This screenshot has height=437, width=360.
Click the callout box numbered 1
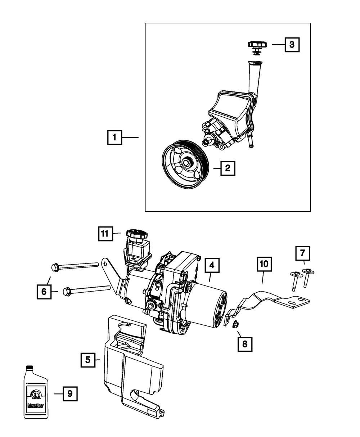coord(115,137)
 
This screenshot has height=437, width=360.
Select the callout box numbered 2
coord(228,168)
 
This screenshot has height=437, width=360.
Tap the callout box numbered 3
coord(292,45)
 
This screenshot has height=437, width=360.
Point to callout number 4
coord(212,266)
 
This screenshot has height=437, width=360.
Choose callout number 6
coord(44,292)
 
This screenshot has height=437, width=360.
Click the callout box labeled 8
coord(244,344)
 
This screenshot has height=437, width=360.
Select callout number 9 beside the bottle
coord(70,394)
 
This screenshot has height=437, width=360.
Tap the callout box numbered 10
coord(264,264)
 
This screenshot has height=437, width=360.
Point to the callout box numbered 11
coord(104,234)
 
